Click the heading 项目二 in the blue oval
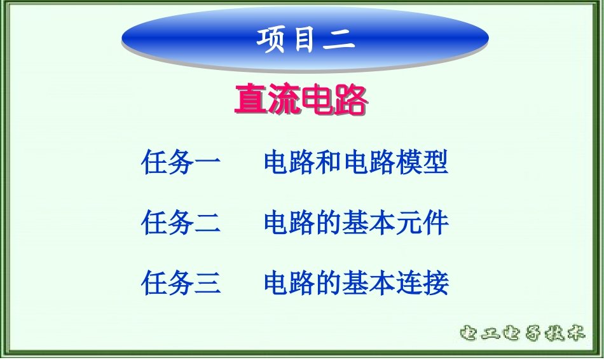[x=305, y=39]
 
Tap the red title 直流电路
[x=300, y=100]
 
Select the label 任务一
[x=181, y=163]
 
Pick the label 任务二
[x=181, y=223]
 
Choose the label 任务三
[x=181, y=282]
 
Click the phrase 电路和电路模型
[x=356, y=163]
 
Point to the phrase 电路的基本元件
[x=356, y=223]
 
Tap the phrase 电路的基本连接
[x=356, y=282]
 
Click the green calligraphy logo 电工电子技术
[x=521, y=333]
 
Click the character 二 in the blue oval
[x=339, y=40]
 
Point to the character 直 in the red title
[x=251, y=100]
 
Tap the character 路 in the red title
[x=350, y=100]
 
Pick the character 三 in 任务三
[x=207, y=283]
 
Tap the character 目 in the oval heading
[x=305, y=39]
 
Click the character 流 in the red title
[x=284, y=100]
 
